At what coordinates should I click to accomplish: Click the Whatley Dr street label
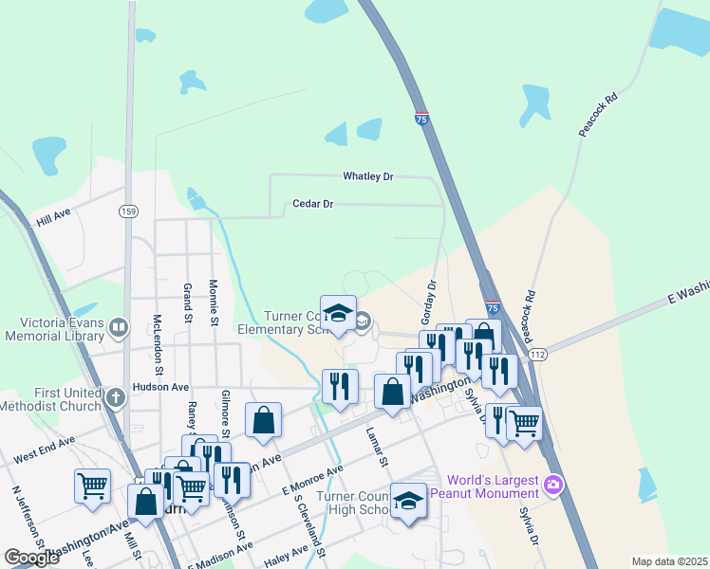pyautogui.click(x=367, y=176)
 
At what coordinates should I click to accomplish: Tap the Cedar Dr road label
pyautogui.click(x=313, y=204)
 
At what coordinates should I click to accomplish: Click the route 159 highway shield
pyautogui.click(x=126, y=211)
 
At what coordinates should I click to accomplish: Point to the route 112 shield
pyautogui.click(x=537, y=354)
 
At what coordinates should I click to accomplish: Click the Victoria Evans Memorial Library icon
pyautogui.click(x=119, y=328)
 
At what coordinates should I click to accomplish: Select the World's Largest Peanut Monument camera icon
pyautogui.click(x=553, y=486)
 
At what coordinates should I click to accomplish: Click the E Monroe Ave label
pyautogui.click(x=313, y=480)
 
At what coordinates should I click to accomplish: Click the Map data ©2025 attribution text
pyautogui.click(x=668, y=561)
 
